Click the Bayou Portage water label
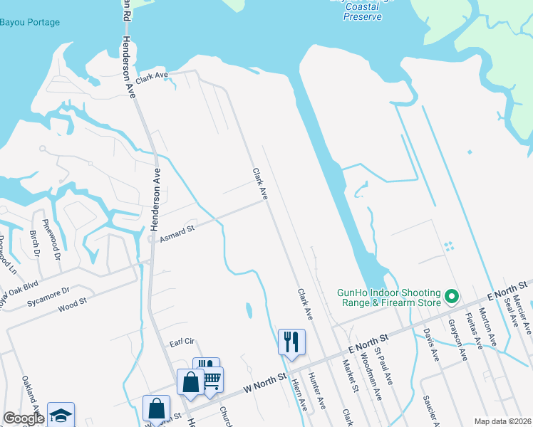[30, 22]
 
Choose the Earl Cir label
[182, 342]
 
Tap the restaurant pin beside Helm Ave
[291, 342]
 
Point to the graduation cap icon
[61, 414]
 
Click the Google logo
[24, 418]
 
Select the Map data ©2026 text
[502, 421]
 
